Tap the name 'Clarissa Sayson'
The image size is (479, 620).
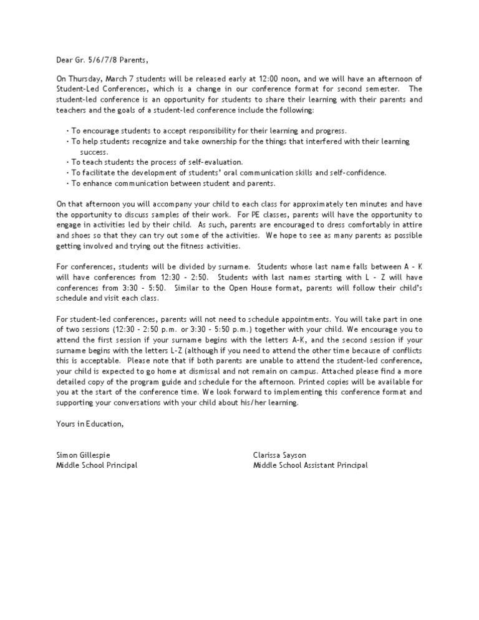pyautogui.click(x=279, y=455)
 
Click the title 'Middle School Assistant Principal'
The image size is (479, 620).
pyautogui.click(x=310, y=465)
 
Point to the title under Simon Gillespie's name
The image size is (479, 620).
pyautogui.click(x=97, y=465)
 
